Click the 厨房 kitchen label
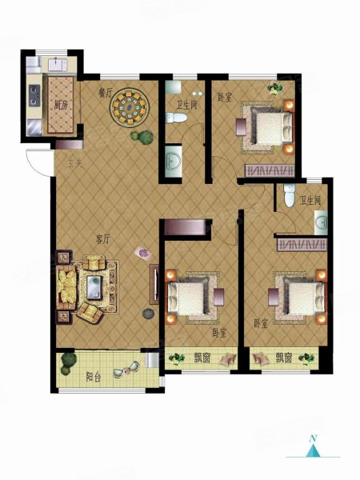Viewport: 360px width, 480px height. [x=61, y=106]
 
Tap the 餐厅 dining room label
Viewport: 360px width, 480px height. [x=104, y=93]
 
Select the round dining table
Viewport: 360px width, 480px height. [x=130, y=107]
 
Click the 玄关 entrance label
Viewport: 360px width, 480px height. [x=75, y=164]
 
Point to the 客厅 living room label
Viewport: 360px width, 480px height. [x=102, y=239]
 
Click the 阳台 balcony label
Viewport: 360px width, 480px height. [x=93, y=377]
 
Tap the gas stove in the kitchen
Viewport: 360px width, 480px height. [x=34, y=95]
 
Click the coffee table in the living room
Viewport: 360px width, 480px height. [x=94, y=287]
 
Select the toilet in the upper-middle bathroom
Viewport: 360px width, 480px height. [x=176, y=118]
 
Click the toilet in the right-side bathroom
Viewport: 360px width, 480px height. [x=289, y=195]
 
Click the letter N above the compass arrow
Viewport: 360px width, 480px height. [x=313, y=438]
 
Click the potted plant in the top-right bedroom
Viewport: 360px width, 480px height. [x=275, y=89]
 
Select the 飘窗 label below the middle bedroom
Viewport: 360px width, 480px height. [x=202, y=358]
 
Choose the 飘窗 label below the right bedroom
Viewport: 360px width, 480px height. [x=283, y=358]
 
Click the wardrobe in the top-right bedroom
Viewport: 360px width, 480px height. [x=270, y=171]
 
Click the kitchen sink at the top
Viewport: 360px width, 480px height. [x=58, y=65]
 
